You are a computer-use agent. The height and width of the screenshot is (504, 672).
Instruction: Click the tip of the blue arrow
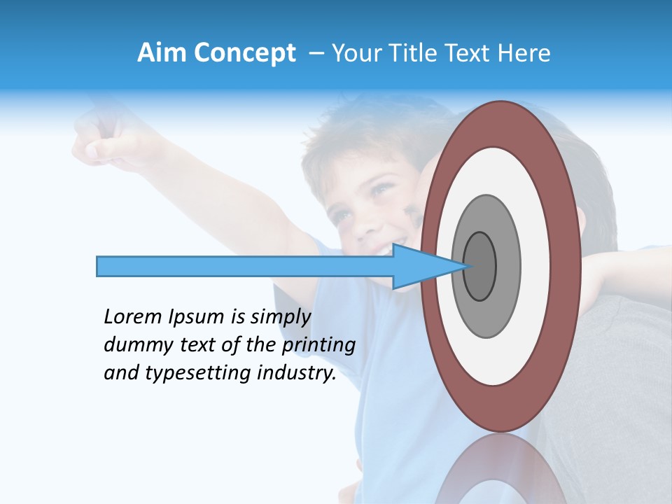(465, 266)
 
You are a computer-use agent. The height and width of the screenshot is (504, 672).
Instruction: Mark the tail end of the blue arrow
(99, 266)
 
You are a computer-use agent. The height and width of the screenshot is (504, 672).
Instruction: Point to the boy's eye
(381, 188)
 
